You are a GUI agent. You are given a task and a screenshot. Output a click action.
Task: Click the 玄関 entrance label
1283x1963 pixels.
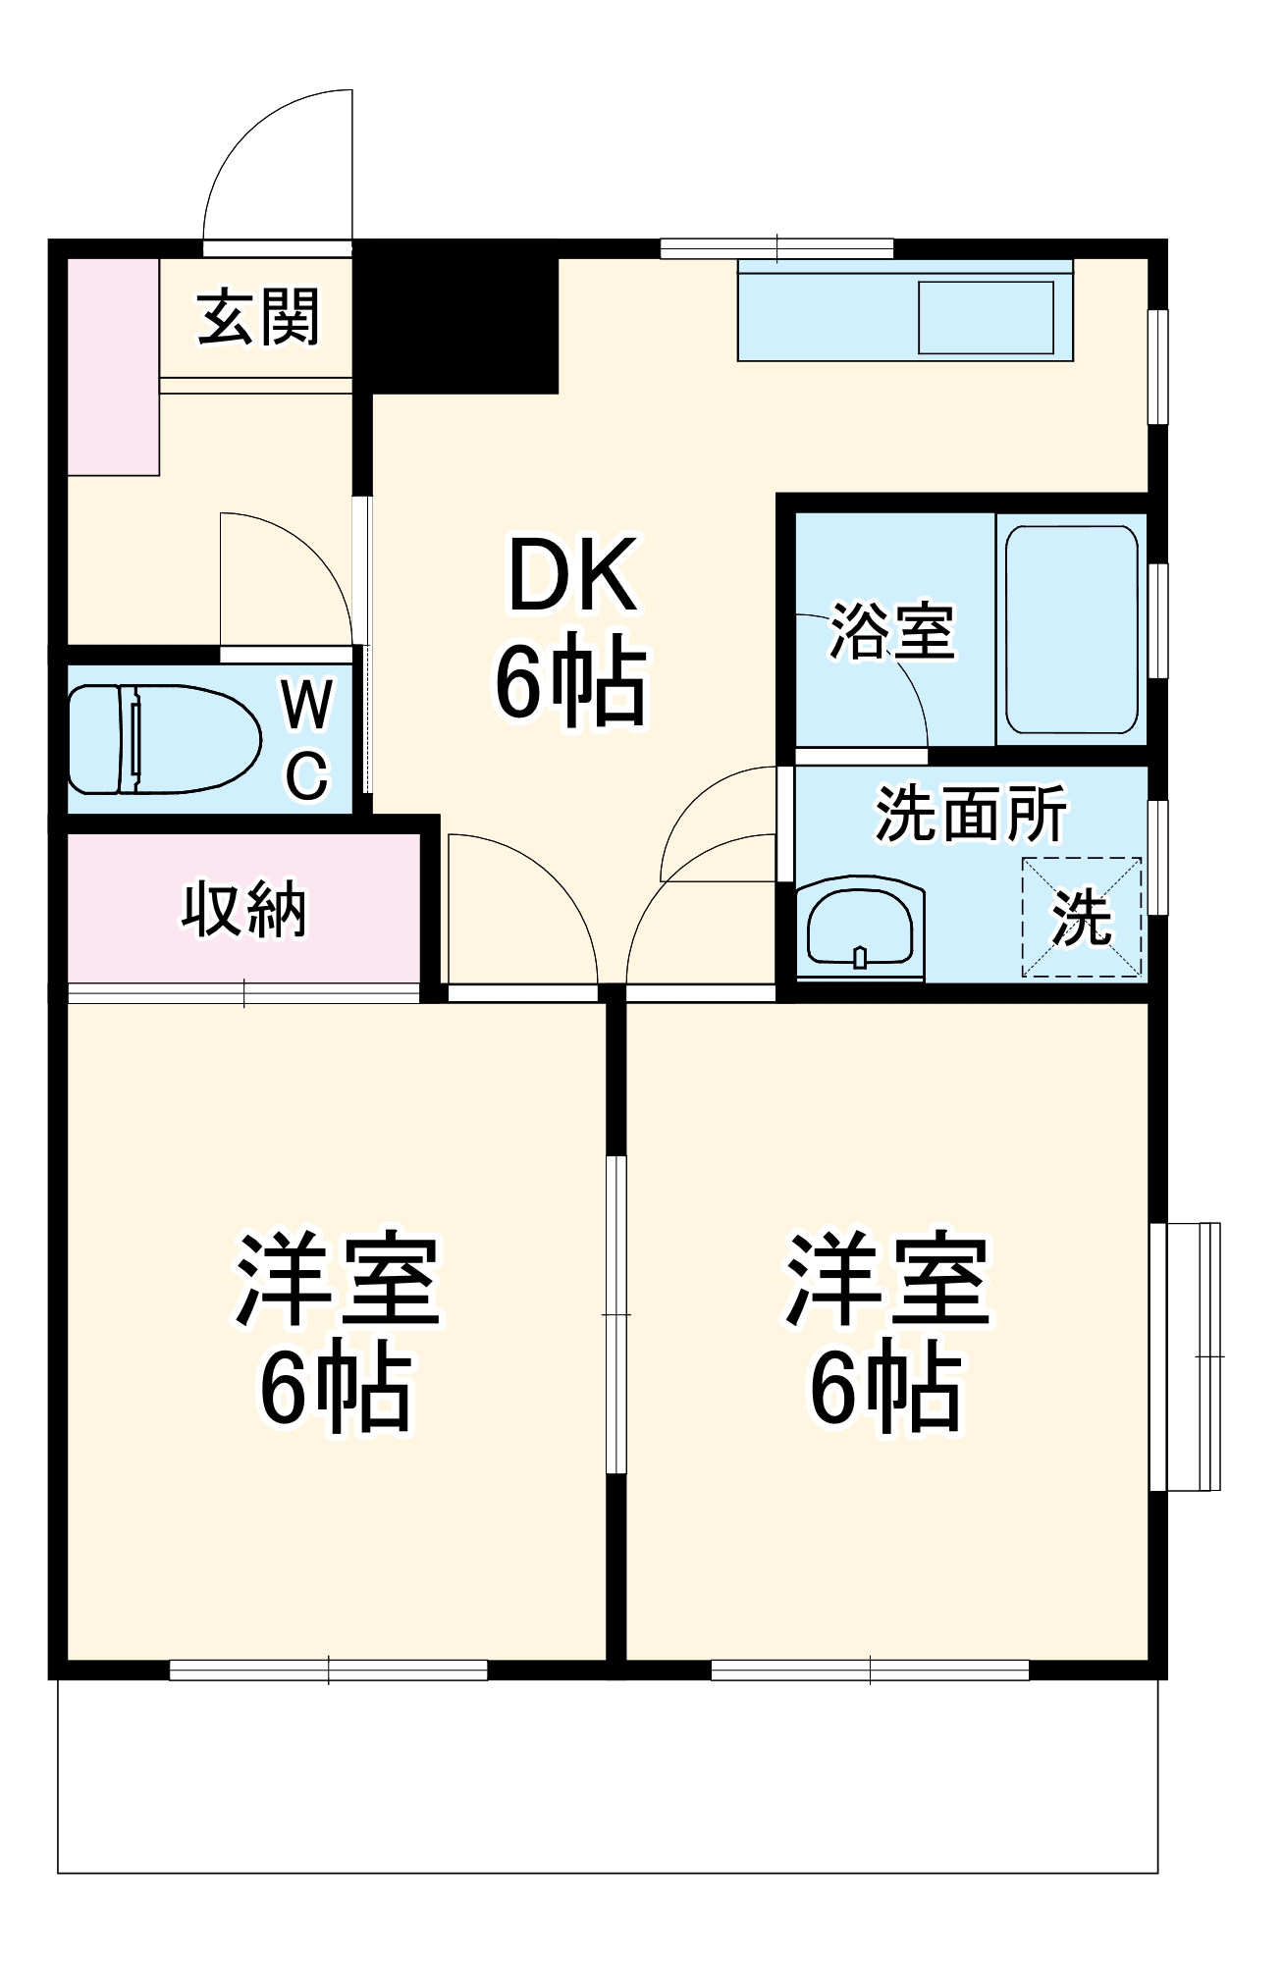tap(258, 317)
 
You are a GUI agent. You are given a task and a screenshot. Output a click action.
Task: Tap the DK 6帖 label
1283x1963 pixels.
tap(570, 628)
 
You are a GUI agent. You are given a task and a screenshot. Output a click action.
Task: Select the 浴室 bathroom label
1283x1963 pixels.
tap(892, 631)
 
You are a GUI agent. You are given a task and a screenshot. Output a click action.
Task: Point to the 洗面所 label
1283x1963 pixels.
tap(970, 814)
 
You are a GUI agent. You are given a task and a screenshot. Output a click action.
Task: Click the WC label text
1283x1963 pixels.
tap(307, 738)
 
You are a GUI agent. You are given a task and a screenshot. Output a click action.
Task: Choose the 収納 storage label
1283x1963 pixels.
tap(243, 909)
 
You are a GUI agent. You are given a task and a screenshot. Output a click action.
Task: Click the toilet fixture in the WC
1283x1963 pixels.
tap(163, 739)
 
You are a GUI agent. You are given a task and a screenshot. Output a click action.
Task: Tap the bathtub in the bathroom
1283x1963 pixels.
tap(1072, 629)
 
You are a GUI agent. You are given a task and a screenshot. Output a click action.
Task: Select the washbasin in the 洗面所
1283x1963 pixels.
tap(860, 928)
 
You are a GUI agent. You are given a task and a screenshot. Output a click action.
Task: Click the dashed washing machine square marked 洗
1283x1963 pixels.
tap(1082, 918)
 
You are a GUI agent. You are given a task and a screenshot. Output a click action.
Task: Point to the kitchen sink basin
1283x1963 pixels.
tap(986, 317)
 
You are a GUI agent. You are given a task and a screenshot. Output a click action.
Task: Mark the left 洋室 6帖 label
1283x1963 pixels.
tap(336, 1332)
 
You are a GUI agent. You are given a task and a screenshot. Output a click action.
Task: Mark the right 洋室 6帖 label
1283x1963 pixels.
tap(886, 1332)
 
